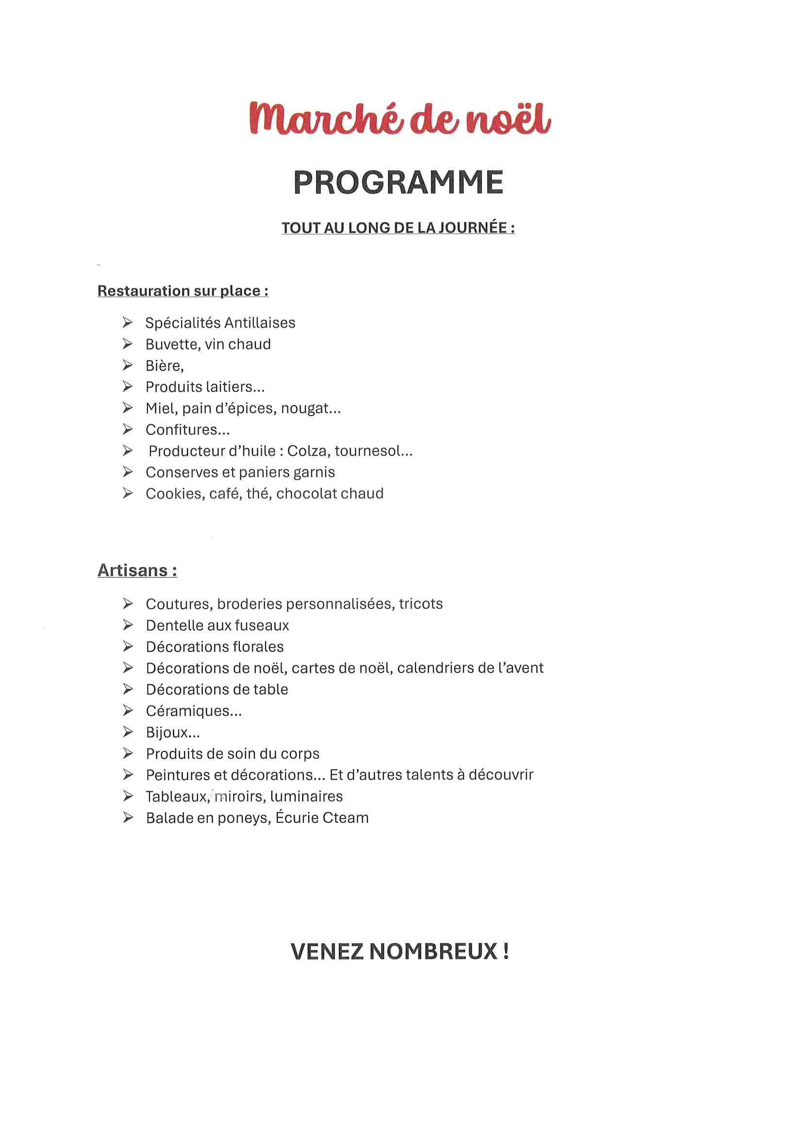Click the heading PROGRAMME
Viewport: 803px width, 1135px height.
click(x=399, y=183)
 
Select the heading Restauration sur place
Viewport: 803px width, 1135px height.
click(x=183, y=291)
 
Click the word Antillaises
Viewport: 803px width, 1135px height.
click(x=260, y=323)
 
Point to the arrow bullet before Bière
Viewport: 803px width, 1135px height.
click(x=128, y=366)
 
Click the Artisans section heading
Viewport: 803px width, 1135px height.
click(x=137, y=570)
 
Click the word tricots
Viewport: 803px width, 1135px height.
click(x=421, y=603)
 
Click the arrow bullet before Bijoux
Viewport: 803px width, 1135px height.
click(x=128, y=732)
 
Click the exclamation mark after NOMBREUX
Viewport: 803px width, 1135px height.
click(x=506, y=951)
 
